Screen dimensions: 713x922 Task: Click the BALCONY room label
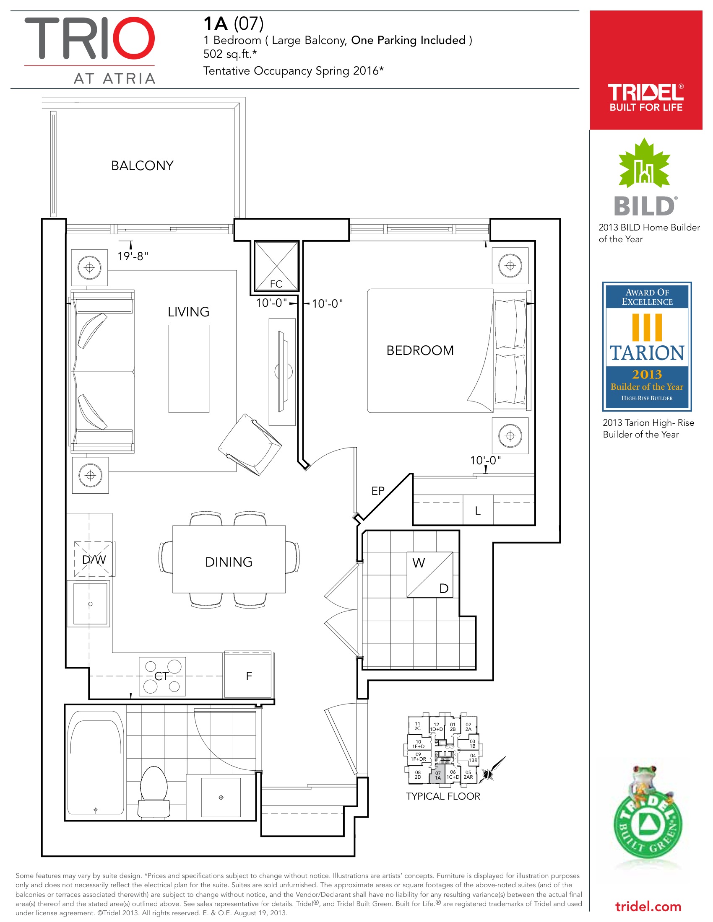[x=142, y=166]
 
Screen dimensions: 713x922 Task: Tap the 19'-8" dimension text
[x=133, y=256]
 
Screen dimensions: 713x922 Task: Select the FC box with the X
[x=276, y=266]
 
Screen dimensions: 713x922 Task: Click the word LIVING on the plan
[x=188, y=312]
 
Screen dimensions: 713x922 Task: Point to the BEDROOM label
[x=420, y=350]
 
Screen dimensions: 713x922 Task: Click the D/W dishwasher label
[x=94, y=559]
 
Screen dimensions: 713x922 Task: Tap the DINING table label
[x=229, y=562]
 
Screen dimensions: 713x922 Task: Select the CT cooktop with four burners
[x=162, y=676]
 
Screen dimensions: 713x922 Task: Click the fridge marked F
[x=248, y=675]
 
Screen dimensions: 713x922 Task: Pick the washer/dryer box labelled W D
[x=430, y=575]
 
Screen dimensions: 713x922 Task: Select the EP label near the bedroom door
[x=378, y=491]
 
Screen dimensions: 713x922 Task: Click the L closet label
[x=478, y=511]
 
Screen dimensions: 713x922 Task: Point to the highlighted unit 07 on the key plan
[x=438, y=775]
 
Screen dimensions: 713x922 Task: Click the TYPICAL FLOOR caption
[x=443, y=797]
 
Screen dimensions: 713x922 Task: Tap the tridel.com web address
[x=648, y=907]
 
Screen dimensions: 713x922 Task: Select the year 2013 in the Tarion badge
[x=647, y=374]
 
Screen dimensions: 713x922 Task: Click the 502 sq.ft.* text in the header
[x=230, y=54]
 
